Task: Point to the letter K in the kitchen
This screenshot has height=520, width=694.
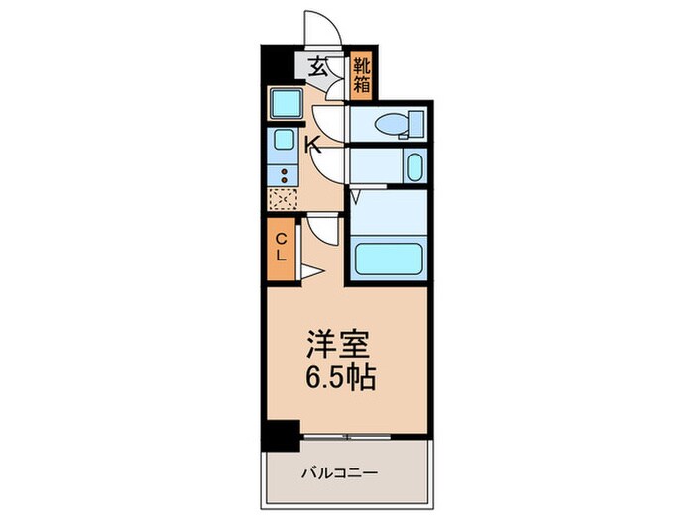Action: [x=310, y=145]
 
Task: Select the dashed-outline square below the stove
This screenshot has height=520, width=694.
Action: [x=283, y=198]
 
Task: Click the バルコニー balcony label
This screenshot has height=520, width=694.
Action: [x=339, y=473]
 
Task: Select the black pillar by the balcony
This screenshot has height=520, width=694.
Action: [x=282, y=433]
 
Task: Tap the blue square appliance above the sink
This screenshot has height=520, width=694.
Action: [x=286, y=103]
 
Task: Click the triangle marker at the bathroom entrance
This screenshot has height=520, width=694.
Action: [x=356, y=198]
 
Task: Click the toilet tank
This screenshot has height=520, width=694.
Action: [x=415, y=124]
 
